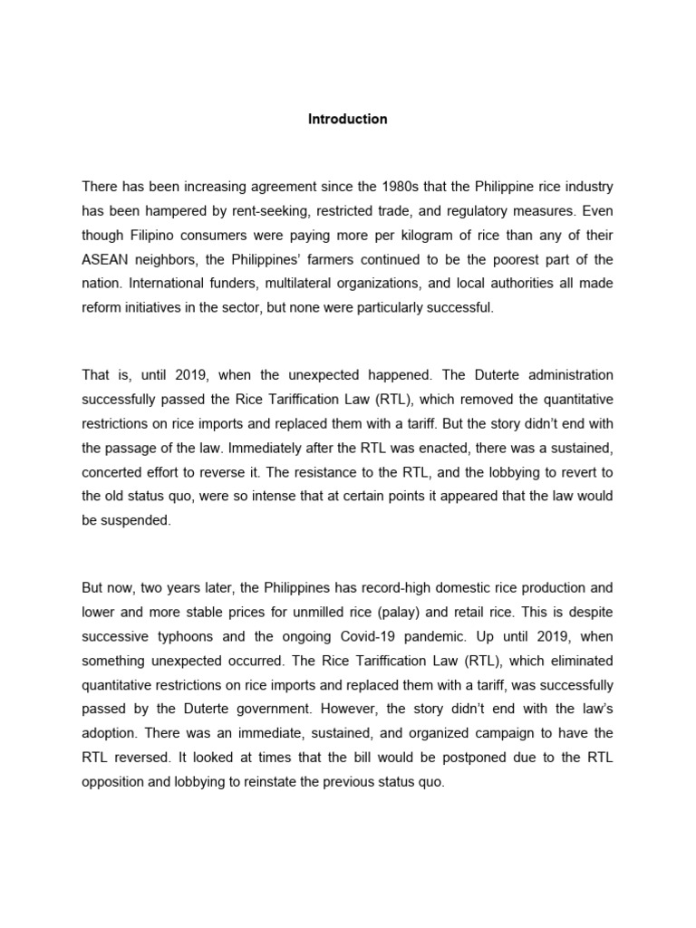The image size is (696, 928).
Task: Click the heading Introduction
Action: [x=347, y=119]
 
